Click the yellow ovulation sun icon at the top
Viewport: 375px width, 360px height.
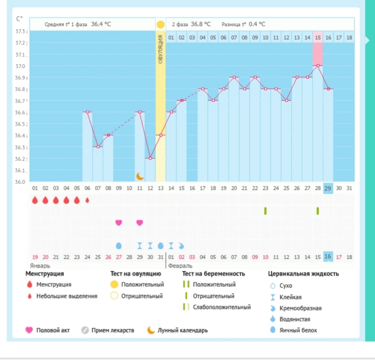click(x=161, y=24)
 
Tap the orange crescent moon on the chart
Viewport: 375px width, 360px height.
click(x=140, y=176)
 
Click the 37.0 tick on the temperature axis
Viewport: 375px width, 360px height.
click(x=19, y=66)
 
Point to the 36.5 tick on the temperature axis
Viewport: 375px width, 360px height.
click(x=19, y=124)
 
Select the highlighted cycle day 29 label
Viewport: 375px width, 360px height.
click(x=328, y=188)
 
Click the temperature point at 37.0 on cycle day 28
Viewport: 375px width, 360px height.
click(x=318, y=66)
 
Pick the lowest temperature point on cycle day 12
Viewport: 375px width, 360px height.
click(x=150, y=158)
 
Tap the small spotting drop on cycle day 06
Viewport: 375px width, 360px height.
click(x=87, y=200)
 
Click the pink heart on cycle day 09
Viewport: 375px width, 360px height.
click(x=119, y=223)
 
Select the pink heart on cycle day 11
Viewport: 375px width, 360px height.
click(x=140, y=223)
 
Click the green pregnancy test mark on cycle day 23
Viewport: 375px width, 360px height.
click(x=265, y=211)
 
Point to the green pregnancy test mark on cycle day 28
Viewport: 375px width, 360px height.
click(x=318, y=211)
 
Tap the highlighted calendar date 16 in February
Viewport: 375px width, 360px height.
click(x=328, y=257)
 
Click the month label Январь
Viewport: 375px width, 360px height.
click(x=40, y=266)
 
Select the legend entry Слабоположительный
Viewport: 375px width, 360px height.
click(x=222, y=307)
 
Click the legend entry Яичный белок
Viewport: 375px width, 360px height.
click(x=300, y=331)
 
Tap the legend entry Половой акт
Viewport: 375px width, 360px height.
click(x=53, y=330)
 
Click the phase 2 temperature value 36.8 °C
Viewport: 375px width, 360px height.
click(x=201, y=24)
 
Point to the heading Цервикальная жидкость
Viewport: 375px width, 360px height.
click(x=303, y=274)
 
